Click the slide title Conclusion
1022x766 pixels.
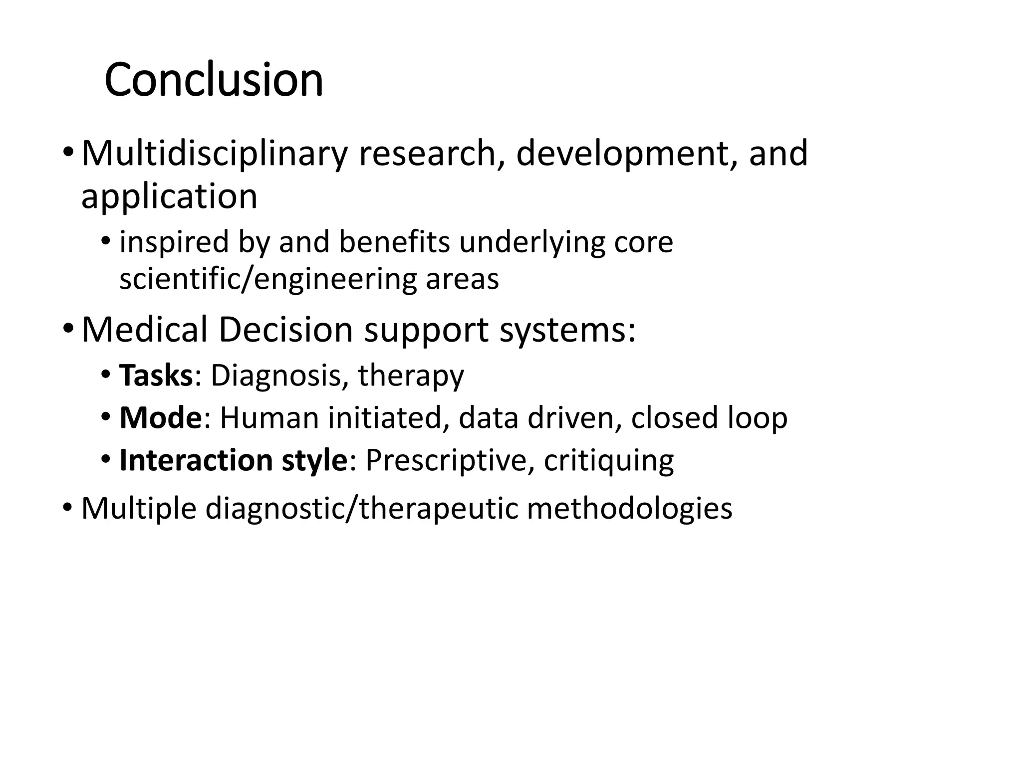coord(214,80)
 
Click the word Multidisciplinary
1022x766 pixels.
coord(214,154)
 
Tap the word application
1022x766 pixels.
coord(169,196)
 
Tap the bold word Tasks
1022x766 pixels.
coord(156,376)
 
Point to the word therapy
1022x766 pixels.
coord(411,377)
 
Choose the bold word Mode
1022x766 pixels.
coord(160,418)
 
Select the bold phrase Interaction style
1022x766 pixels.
coord(233,460)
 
